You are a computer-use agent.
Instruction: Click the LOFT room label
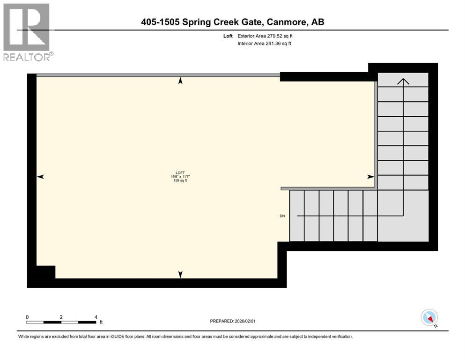pyautogui.click(x=180, y=172)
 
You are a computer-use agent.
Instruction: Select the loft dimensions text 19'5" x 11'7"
pyautogui.click(x=180, y=177)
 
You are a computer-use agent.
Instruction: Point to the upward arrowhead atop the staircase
pyautogui.click(x=403, y=81)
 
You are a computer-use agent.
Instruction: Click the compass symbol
pyautogui.click(x=429, y=318)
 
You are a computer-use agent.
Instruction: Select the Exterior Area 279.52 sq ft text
pyautogui.click(x=266, y=36)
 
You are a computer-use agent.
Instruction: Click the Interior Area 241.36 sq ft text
pyautogui.click(x=265, y=44)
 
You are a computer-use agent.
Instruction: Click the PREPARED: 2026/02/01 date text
pyautogui.click(x=233, y=321)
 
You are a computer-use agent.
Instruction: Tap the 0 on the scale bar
pyautogui.click(x=27, y=317)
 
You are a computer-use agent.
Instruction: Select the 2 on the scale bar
pyautogui.click(x=61, y=317)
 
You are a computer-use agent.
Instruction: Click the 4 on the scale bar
pyautogui.click(x=96, y=317)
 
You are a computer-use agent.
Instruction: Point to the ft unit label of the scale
pyautogui.click(x=100, y=322)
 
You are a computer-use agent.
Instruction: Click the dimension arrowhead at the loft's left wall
pyautogui.click(x=40, y=177)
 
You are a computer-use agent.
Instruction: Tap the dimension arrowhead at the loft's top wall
pyautogui.click(x=180, y=81)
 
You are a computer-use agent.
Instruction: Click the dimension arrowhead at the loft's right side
pyautogui.click(x=370, y=177)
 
